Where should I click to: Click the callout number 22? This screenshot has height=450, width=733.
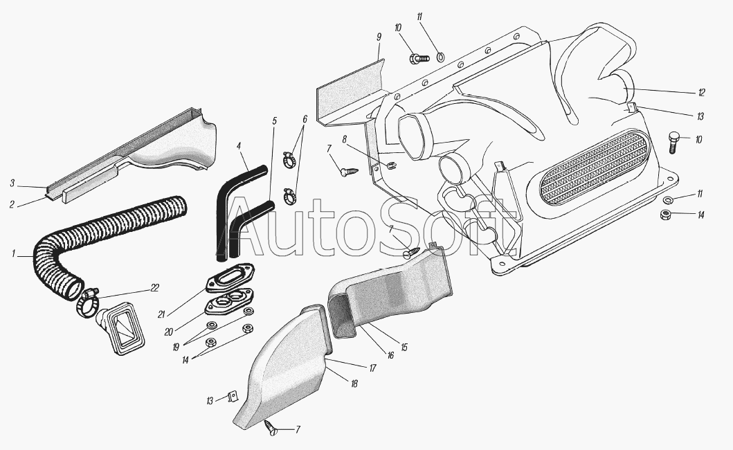155,288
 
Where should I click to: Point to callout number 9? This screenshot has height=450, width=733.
379,37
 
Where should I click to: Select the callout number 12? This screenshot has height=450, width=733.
701,93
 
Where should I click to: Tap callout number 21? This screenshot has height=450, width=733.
162,314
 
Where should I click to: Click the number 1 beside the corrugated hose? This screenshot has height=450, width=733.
14,253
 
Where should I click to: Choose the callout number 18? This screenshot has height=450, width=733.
354,384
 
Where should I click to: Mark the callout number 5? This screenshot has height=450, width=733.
274,121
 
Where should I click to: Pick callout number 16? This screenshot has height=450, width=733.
391,356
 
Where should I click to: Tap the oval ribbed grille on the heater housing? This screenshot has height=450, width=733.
595,168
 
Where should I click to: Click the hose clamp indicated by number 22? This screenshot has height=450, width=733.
88,303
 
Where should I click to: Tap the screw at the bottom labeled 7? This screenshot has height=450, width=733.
270,426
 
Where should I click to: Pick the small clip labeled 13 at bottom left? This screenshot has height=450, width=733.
231,397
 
